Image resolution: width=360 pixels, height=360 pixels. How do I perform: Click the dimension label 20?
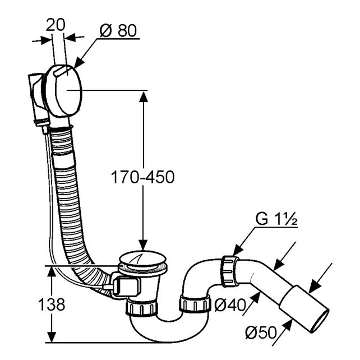pos(56,25)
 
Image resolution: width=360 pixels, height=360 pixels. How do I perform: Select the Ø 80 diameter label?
pos(118,30)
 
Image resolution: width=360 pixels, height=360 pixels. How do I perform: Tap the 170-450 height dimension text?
pos(142,177)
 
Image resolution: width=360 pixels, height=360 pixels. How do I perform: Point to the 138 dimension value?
pos(52,304)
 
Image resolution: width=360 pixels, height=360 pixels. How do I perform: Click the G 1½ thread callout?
pos(276,219)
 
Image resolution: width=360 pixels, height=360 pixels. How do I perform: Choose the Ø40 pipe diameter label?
pos(230,305)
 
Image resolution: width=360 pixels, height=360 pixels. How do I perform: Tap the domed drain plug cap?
pos(143,259)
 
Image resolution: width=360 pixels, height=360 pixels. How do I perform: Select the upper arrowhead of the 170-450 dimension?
pos(144,96)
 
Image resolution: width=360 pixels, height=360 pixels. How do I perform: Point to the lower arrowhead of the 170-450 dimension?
pos(143,244)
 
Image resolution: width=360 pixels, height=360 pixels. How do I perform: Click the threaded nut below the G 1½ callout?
pos(230,271)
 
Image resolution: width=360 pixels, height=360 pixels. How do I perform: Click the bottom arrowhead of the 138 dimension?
pos(52,337)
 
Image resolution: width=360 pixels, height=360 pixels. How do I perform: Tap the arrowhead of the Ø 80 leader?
pos(79,63)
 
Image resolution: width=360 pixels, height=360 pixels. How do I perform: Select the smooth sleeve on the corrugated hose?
pos(64,160)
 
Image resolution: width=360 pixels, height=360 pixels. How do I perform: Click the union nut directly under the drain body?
pos(142,308)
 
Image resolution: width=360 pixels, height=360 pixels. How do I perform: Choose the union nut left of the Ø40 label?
pos(195,304)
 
